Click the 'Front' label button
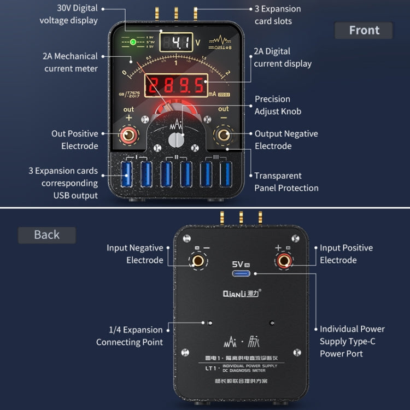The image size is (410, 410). tap(364, 31)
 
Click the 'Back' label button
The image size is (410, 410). tap(46, 235)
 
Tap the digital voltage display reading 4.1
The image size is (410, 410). tap(176, 43)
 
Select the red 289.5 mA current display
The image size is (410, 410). tap(176, 85)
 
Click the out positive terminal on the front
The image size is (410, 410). tap(129, 134)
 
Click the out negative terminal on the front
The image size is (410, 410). tap(224, 134)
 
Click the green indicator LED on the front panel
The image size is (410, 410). tap(133, 42)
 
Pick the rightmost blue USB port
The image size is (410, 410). tap(225, 174)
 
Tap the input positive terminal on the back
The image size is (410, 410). tap(283, 261)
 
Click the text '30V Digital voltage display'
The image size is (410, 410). tap(69, 14)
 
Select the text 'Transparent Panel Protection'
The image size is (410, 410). tap(286, 181)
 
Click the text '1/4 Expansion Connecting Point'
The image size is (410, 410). tap(130, 336)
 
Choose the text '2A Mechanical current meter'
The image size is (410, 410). tap(71, 62)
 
